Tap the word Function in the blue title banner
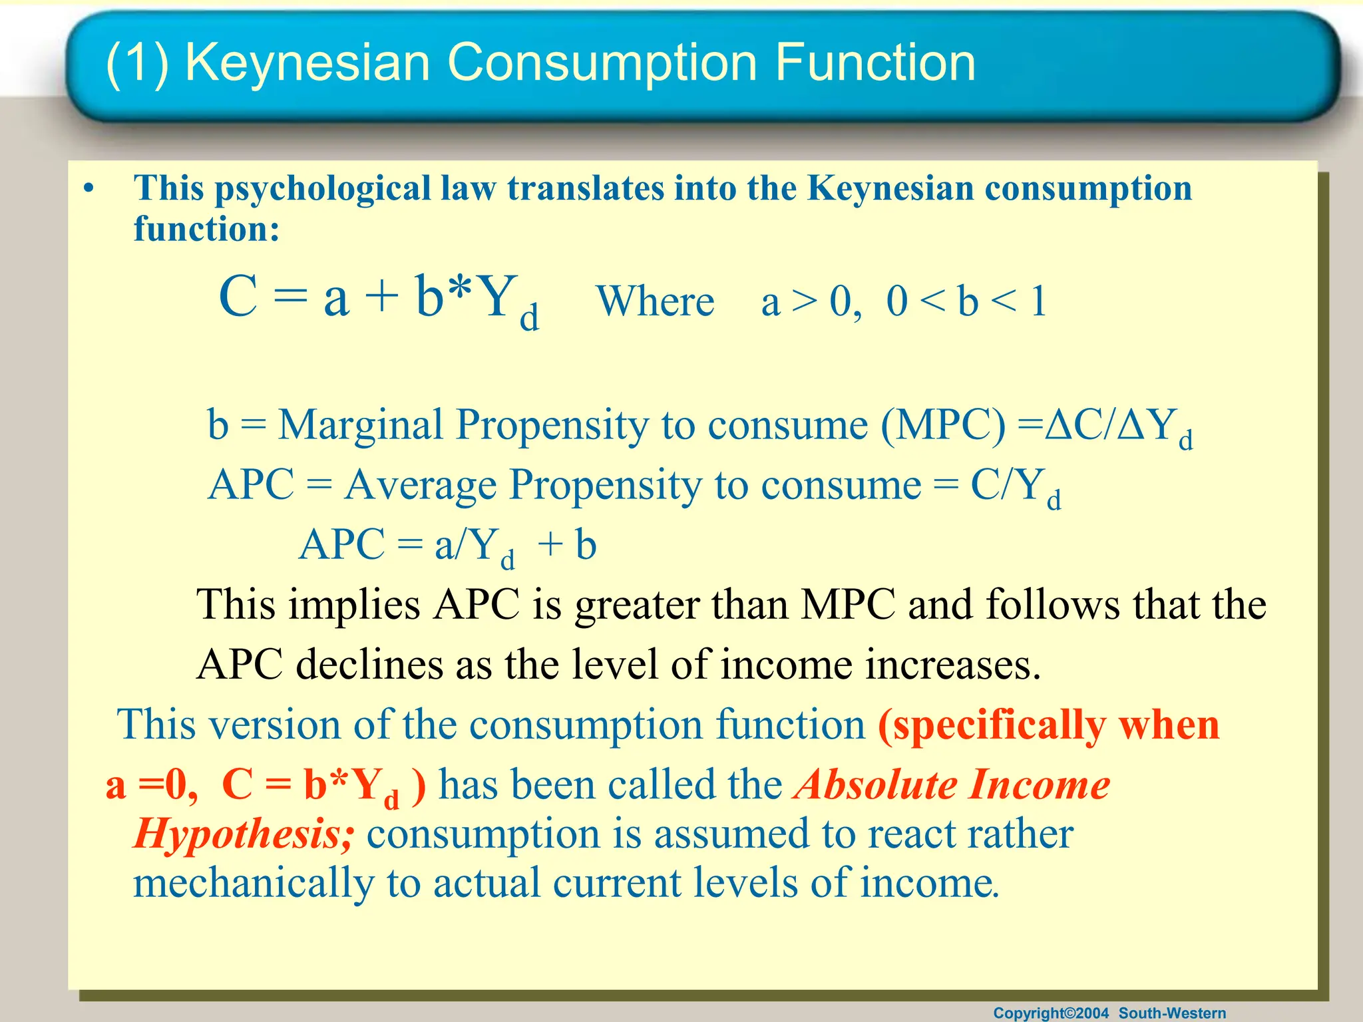[875, 62]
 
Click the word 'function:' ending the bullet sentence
[206, 229]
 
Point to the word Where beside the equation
[656, 301]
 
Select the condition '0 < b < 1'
[966, 301]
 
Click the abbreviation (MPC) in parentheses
[943, 425]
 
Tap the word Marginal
[360, 425]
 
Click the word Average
[421, 484]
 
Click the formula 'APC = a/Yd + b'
[447, 546]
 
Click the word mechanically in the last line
[253, 884]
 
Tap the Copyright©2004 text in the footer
[1051, 1013]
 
